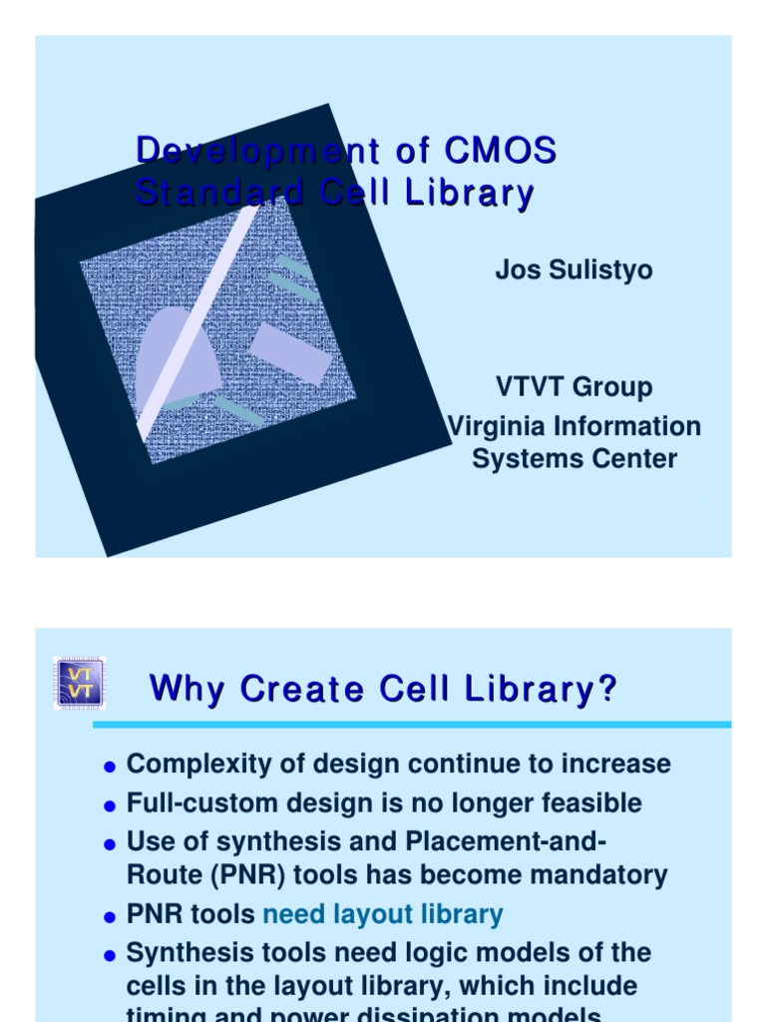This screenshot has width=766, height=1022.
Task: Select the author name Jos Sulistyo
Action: (574, 270)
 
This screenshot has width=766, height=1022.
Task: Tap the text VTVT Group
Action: (574, 387)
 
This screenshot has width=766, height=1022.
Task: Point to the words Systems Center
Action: (574, 459)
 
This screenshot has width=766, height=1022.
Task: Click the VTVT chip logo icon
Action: (78, 683)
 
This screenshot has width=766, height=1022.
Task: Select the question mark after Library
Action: (607, 689)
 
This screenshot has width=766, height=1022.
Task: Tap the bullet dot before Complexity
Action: (110, 766)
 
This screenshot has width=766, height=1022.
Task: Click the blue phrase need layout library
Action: (383, 914)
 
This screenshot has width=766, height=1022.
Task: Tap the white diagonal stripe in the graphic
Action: (199, 319)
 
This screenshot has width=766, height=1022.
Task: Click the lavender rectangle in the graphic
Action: (289, 353)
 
